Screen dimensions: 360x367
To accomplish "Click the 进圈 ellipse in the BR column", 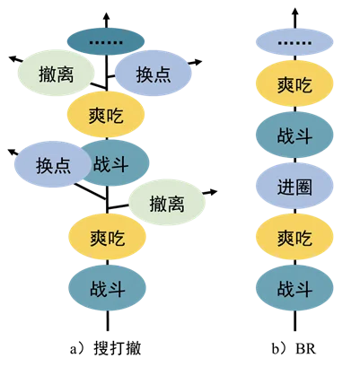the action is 294,186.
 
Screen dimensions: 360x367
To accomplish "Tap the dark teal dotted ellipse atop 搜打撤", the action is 106,41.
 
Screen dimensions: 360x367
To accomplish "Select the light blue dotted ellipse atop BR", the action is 294,42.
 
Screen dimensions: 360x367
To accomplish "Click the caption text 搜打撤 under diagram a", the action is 118,348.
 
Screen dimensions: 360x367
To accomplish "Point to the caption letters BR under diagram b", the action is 305,349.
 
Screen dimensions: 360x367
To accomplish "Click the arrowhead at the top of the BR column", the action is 294,13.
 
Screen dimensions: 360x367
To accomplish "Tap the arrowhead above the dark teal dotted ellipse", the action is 106,16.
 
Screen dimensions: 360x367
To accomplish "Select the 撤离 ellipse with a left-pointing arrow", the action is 56,73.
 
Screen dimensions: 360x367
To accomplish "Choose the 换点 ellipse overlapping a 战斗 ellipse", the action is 53,164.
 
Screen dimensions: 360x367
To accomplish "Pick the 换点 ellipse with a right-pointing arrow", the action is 154,74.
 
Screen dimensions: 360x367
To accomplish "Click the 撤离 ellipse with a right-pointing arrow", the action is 167,203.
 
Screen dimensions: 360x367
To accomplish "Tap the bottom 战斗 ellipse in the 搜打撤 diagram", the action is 108,288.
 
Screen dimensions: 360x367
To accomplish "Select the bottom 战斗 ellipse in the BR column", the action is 294,288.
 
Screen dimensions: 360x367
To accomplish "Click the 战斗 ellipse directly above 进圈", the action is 294,135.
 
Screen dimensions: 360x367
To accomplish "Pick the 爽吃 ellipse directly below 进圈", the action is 294,237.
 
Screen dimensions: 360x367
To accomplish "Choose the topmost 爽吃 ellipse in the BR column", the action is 294,83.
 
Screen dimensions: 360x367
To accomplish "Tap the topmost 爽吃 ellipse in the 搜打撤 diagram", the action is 106,115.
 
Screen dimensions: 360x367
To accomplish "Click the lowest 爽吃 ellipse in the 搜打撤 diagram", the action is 108,237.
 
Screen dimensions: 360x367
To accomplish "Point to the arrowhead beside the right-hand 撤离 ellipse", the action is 213,192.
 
